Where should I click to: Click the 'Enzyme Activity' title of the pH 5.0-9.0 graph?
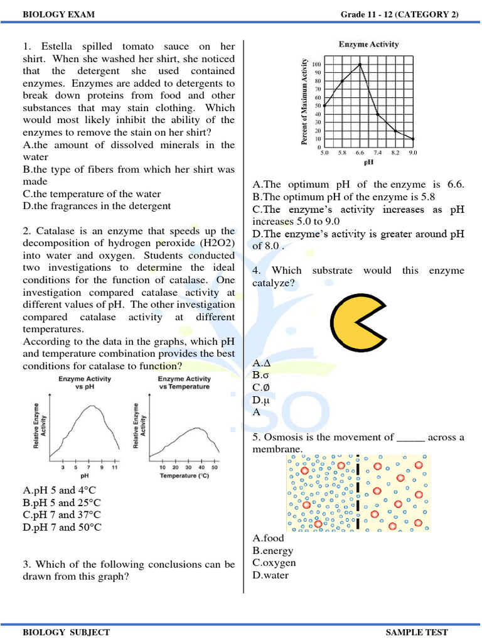[x=368, y=45]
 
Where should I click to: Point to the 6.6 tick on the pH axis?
[x=360, y=153]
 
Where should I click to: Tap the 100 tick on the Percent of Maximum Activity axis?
[x=316, y=65]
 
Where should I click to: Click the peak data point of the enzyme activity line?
[x=360, y=64]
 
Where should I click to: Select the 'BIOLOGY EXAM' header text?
[x=50, y=14]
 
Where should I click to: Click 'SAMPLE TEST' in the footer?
[x=417, y=632]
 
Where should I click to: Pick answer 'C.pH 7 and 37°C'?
[x=62, y=515]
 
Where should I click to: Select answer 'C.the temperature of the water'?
[x=92, y=194]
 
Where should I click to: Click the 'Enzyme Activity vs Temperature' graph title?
[x=184, y=382]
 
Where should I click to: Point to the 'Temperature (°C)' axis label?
[x=184, y=476]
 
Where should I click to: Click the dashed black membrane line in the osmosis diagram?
[x=356, y=493]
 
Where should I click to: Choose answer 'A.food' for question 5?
[x=268, y=538]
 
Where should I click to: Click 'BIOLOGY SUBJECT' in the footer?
[x=66, y=632]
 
